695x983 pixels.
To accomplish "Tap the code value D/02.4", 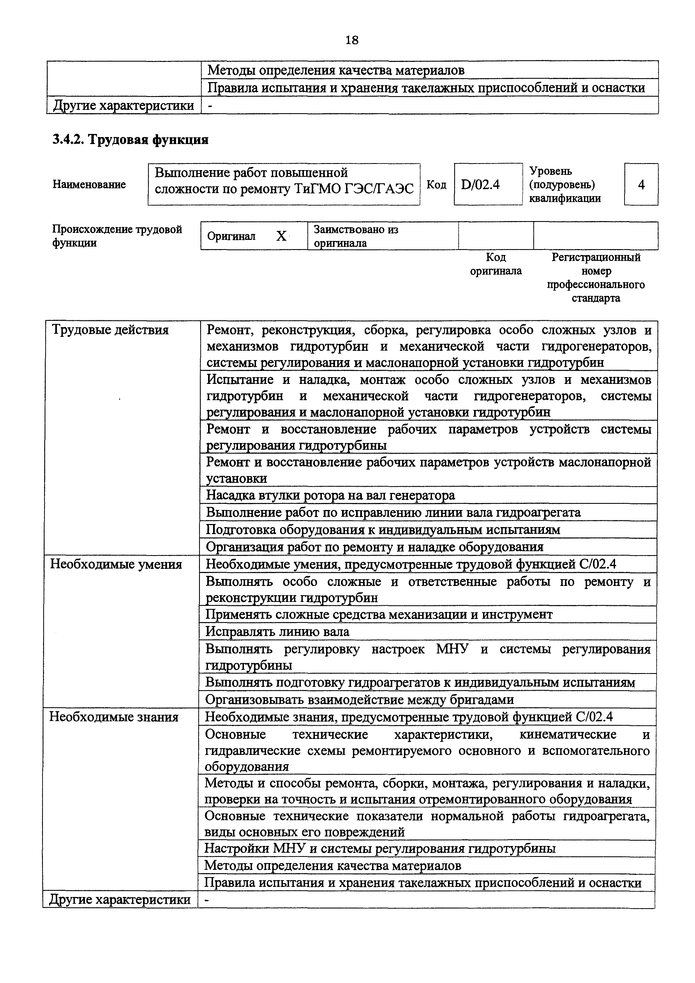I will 481,185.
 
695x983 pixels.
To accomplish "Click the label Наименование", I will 89,185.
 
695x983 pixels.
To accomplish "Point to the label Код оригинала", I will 496,264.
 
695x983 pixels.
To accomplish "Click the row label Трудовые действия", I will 110,330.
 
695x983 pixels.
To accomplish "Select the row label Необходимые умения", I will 116,564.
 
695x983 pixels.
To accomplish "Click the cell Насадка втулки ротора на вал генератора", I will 330,495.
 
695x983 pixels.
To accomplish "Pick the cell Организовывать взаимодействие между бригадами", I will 359,700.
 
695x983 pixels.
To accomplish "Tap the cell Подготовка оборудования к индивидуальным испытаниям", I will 383,530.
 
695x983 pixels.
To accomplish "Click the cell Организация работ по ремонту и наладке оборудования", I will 375,547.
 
